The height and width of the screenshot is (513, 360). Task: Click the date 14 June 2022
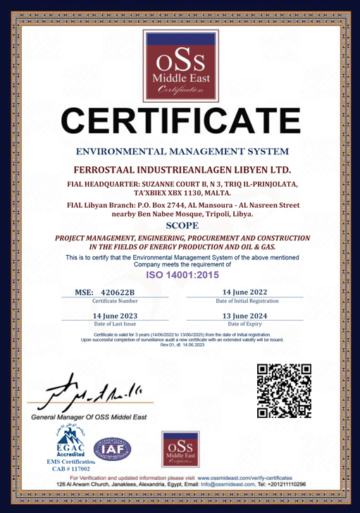(244, 292)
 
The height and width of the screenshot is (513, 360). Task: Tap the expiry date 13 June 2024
(244, 316)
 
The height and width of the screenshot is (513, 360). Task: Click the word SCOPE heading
(180, 226)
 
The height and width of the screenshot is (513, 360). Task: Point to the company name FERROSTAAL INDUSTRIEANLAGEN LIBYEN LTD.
(180, 171)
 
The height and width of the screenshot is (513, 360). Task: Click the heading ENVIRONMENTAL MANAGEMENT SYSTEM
(180, 152)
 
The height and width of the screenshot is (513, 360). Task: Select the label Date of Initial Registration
(244, 301)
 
